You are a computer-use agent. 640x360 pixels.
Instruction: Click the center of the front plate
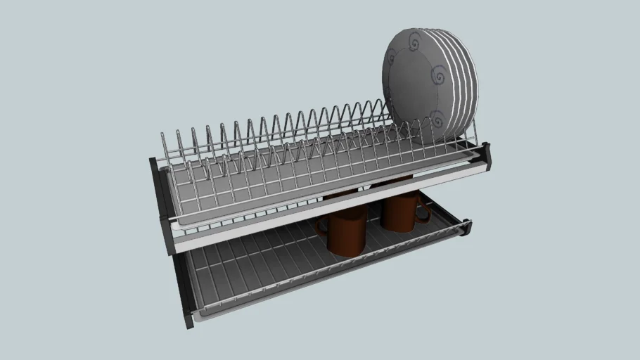418,84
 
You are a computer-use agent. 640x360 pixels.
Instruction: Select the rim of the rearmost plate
474,84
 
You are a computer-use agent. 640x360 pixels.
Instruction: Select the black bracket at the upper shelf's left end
158,204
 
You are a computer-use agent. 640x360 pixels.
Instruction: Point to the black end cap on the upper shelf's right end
486,155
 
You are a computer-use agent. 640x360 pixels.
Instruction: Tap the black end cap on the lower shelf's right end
466,229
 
